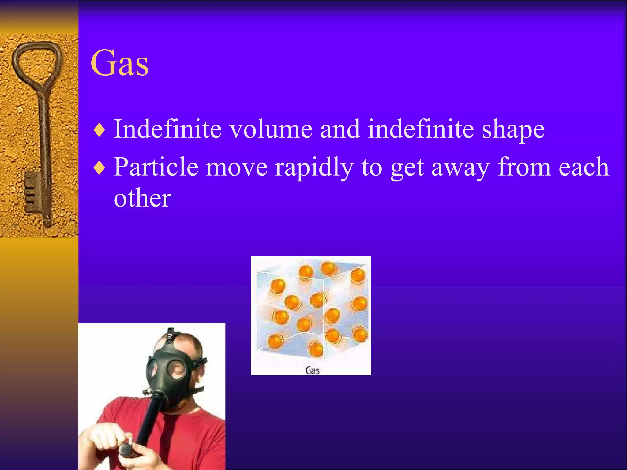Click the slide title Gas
coord(119,63)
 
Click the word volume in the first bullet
coord(271,129)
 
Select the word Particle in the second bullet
coord(156,167)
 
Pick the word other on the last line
coord(142,198)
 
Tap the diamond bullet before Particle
coord(99,168)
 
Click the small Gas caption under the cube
coord(312,371)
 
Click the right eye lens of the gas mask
coord(176,369)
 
